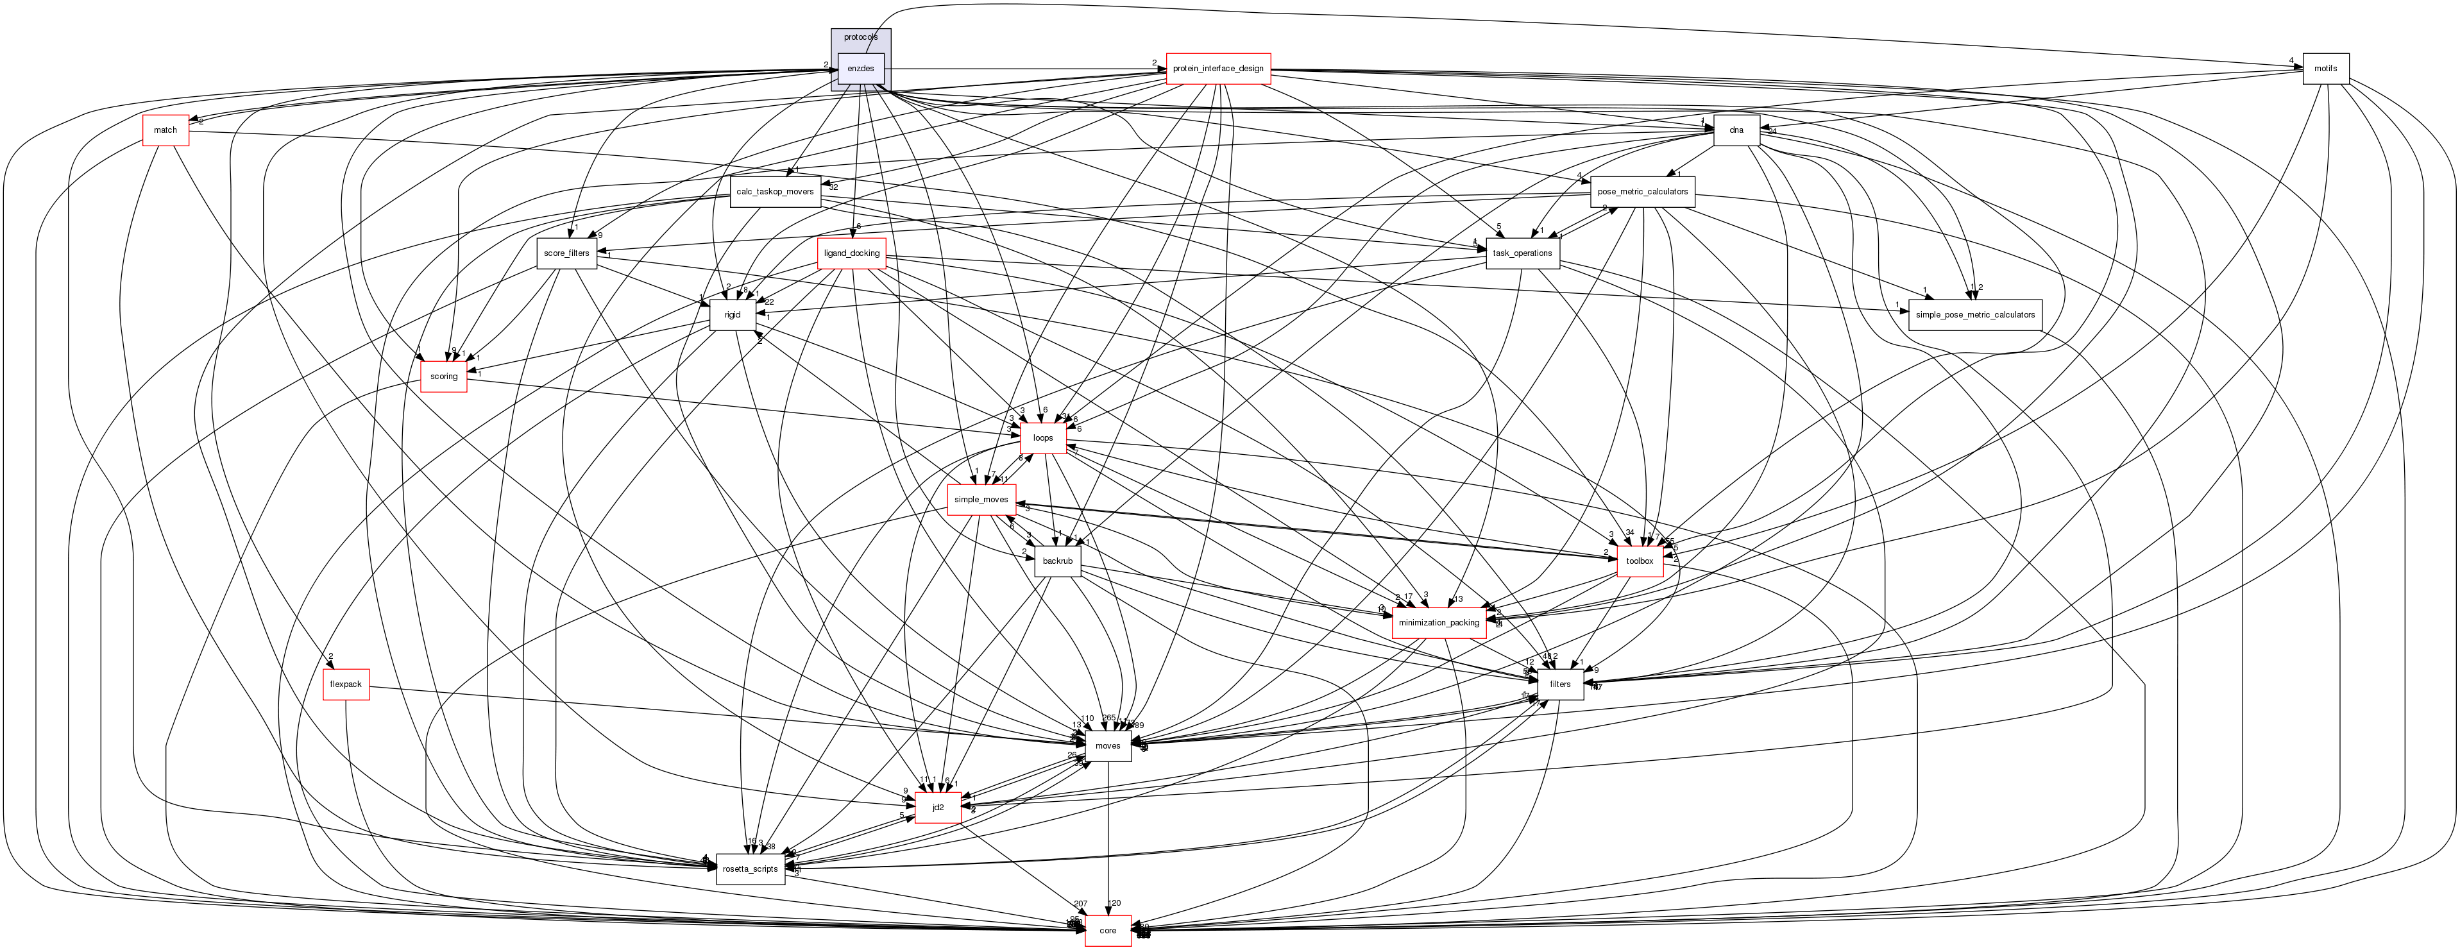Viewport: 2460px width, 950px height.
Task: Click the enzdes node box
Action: tap(860, 69)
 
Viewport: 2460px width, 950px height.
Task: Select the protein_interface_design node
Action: tap(1217, 69)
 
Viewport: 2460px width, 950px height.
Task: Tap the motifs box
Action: tap(2325, 69)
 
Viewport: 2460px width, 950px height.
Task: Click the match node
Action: tap(165, 130)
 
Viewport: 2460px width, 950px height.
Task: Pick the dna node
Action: tap(1736, 130)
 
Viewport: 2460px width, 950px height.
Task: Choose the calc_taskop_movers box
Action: tap(774, 192)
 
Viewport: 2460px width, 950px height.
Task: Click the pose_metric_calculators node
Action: tap(1643, 192)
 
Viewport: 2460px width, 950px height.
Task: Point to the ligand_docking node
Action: tap(852, 253)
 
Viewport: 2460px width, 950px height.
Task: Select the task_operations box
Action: tap(1523, 253)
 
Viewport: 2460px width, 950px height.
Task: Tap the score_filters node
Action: tap(566, 253)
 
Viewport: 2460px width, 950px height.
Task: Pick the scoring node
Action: tap(443, 376)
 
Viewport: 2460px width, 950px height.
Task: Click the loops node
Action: tap(1043, 438)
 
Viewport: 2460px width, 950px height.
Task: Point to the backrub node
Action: tap(1057, 561)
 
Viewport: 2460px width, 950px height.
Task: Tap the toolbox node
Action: tap(1640, 561)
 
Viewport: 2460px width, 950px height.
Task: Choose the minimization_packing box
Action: tap(1438, 622)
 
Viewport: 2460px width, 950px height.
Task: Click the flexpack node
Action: tap(346, 684)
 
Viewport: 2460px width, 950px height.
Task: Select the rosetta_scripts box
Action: tap(751, 869)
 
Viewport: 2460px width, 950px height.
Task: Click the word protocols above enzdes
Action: tap(860, 37)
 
